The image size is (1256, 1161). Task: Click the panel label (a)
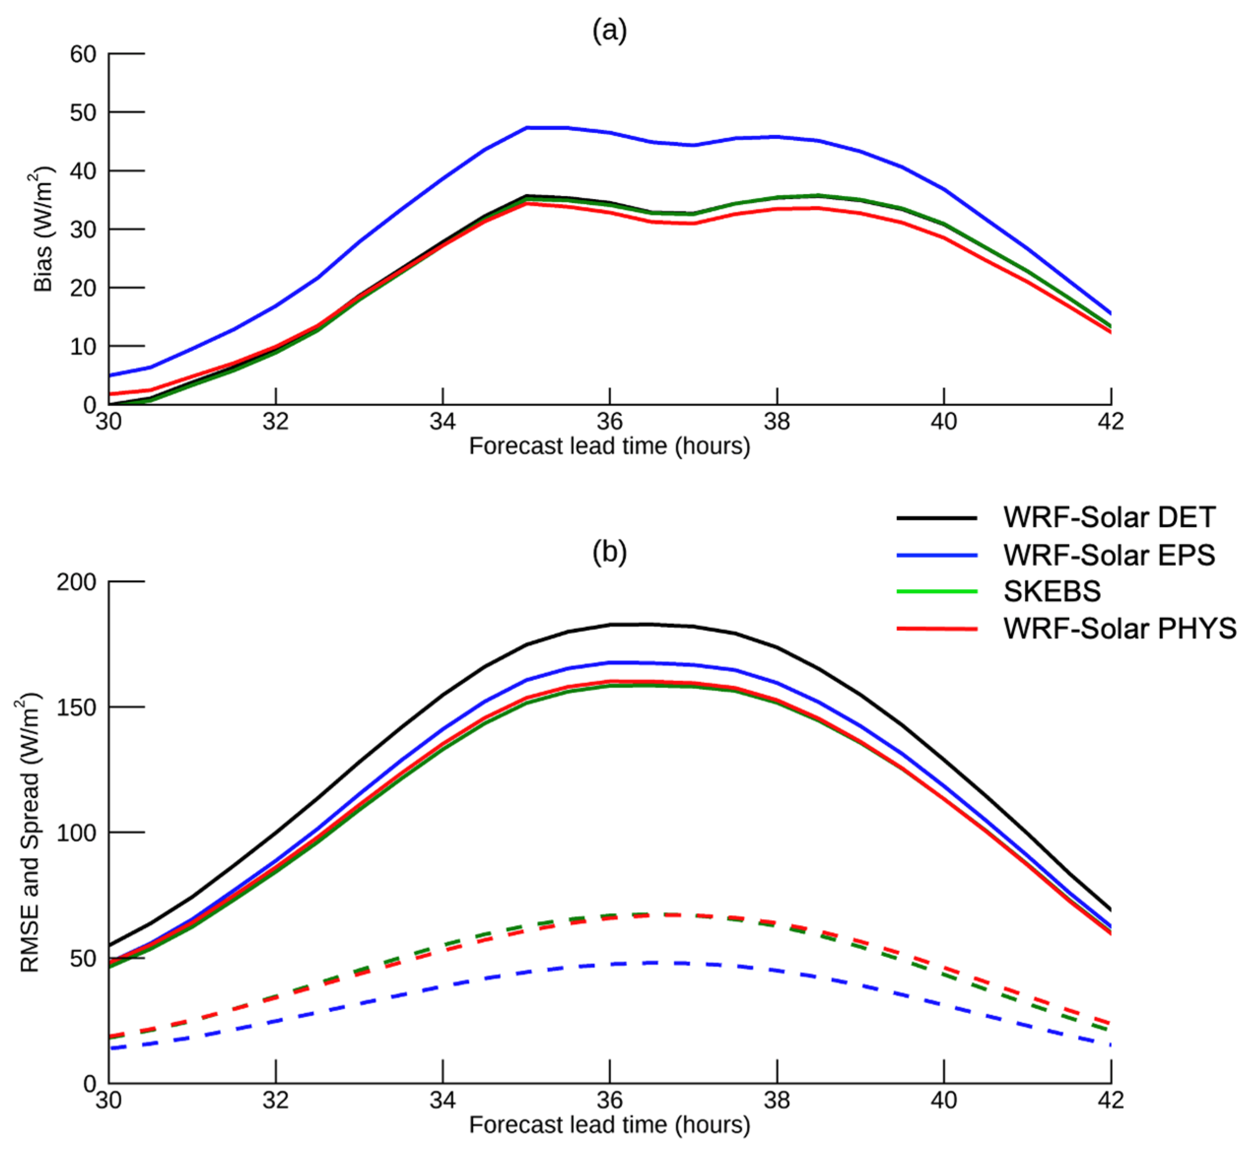pos(609,30)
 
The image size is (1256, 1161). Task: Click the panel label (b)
pos(609,552)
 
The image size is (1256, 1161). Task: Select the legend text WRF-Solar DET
pos(1109,518)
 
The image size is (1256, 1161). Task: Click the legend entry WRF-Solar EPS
pos(1109,555)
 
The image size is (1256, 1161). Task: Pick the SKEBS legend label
pos(1052,591)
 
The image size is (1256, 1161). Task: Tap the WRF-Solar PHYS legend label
pos(1120,628)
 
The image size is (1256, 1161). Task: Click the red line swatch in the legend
pos(936,628)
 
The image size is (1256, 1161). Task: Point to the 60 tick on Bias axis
pos(83,55)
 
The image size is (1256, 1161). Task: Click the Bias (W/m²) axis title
pos(43,230)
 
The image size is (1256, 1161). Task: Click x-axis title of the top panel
pos(609,446)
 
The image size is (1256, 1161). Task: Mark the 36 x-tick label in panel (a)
pos(609,422)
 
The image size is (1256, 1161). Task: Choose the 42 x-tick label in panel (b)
pos(1110,1100)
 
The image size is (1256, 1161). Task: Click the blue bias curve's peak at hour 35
pos(527,128)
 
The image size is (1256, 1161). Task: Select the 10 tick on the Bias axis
pos(83,347)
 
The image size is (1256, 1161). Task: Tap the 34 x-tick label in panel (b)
pos(442,1100)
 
